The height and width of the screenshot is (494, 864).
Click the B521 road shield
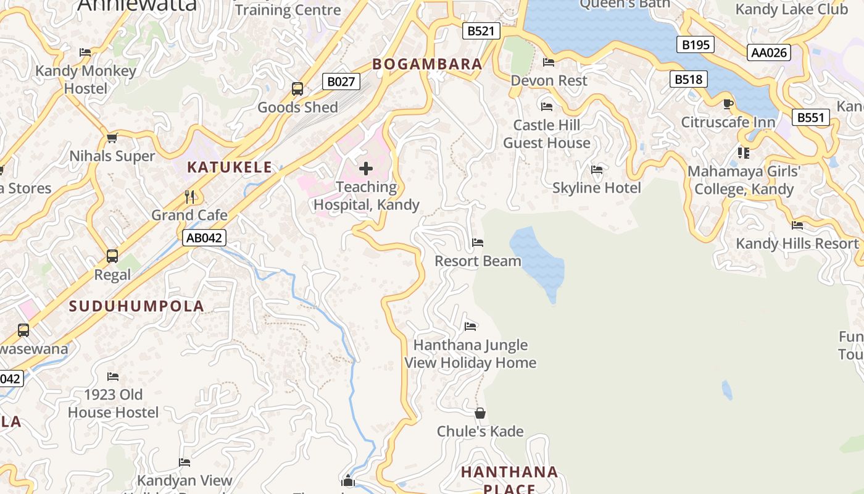tap(481, 31)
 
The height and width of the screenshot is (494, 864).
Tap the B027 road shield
tap(341, 82)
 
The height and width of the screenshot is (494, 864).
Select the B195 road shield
tap(695, 44)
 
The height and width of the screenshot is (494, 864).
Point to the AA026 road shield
tap(769, 52)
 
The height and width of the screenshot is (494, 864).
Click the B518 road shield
tap(688, 79)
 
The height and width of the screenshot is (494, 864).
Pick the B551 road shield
tap(810, 117)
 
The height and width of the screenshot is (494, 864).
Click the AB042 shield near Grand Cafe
tap(204, 238)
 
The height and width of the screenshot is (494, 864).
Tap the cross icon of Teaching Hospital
tap(366, 168)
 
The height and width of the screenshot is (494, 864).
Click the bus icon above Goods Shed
tap(297, 89)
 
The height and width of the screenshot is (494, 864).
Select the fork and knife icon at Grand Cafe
tap(189, 197)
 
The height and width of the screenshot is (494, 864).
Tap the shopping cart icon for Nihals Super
tap(112, 138)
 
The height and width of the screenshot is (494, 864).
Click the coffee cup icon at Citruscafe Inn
tap(728, 104)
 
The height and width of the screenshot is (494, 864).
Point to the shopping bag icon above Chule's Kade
tap(480, 413)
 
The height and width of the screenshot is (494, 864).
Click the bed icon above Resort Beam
tap(478, 243)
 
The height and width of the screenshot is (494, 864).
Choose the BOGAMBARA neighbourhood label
tap(427, 64)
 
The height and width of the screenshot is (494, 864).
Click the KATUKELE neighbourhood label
tap(230, 167)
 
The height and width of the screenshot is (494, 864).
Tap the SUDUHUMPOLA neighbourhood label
tap(136, 306)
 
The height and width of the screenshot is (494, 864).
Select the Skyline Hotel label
tap(596, 188)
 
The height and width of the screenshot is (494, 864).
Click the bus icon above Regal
tap(112, 256)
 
